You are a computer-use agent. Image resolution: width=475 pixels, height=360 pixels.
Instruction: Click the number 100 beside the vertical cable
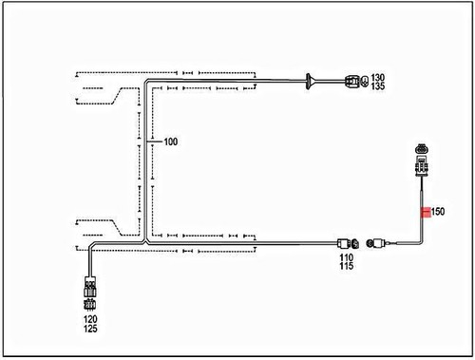coord(171,142)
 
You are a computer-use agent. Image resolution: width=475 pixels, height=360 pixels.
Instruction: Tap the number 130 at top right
coord(378,77)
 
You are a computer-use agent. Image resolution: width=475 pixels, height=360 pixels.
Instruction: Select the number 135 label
coord(378,86)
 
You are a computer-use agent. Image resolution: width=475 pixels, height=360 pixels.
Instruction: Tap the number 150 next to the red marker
coord(438,212)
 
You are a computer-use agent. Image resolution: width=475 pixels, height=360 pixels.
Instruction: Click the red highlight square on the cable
coord(425,212)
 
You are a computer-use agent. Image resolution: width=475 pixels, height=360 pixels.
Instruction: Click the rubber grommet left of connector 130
coord(311,82)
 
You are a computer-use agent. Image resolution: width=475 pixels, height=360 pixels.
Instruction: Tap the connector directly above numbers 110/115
coord(347,242)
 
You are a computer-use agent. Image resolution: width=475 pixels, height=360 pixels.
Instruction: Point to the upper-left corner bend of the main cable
coord(146,84)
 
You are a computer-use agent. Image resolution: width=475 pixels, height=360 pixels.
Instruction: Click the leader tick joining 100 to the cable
coord(156,142)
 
